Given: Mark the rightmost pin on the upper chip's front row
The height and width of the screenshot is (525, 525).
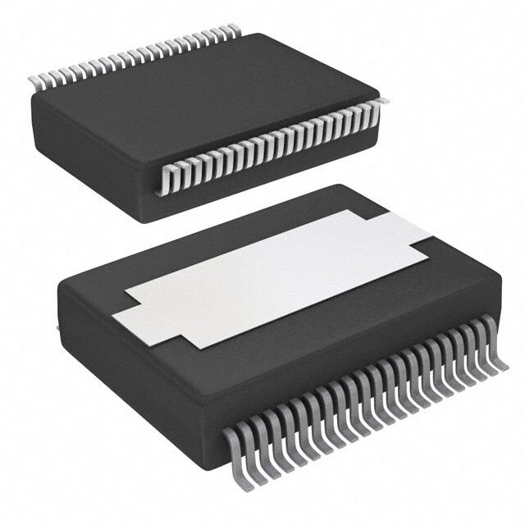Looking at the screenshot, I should [x=381, y=102].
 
